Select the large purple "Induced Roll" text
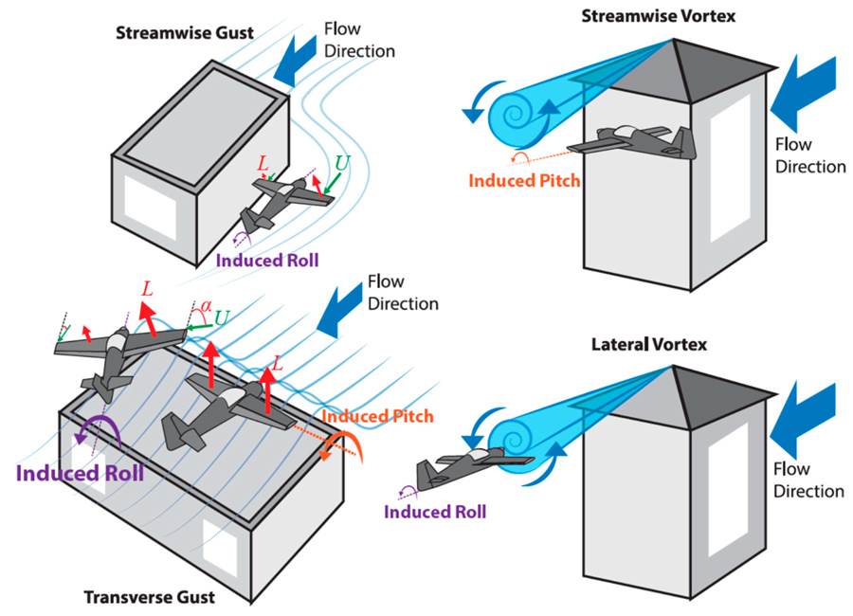tap(91, 470)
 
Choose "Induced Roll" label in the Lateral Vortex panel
tap(435, 512)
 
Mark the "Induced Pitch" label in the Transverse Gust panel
tap(377, 416)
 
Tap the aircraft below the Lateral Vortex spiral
tap(473, 464)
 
